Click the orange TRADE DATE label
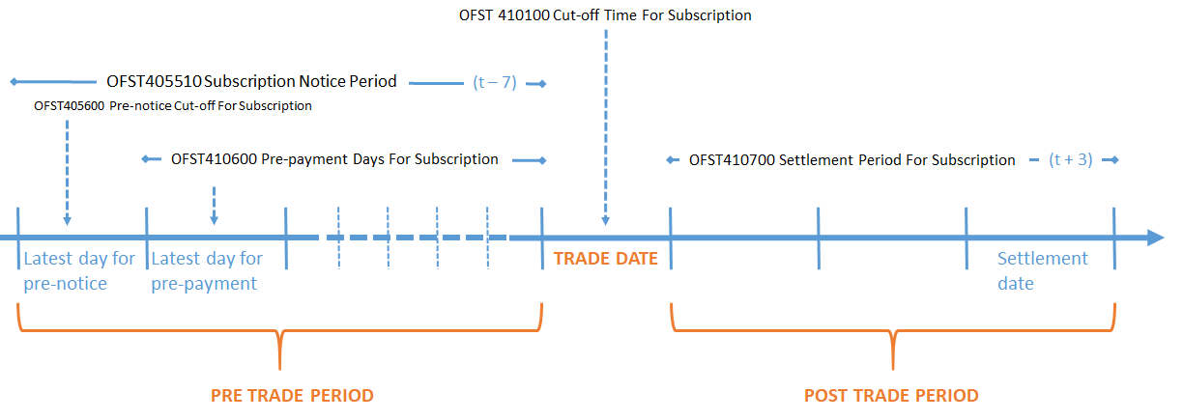pos(605,259)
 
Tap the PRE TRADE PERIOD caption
pos(292,396)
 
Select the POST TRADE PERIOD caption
pos(891,396)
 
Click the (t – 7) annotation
pos(495,83)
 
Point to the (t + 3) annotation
pos(1071,160)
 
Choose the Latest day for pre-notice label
pos(78,271)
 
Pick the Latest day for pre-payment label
pos(207,271)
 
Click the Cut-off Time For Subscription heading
pos(605,15)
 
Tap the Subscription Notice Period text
pos(250,82)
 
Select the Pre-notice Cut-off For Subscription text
pos(172,106)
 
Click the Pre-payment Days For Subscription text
pos(333,159)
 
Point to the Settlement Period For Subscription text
pos(851,160)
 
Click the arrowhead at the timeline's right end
pos(1155,238)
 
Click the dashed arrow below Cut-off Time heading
pos(606,126)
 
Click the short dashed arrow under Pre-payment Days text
pos(214,205)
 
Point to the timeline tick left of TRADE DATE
pos(542,238)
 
